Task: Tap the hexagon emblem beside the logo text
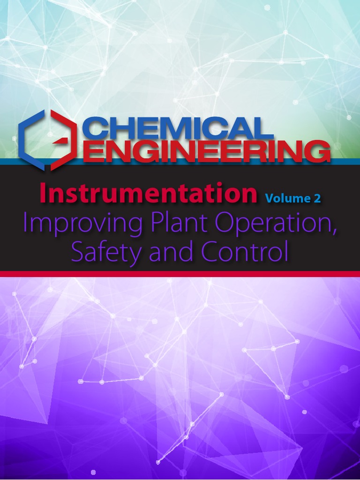[x=47, y=139]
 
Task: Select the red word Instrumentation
[x=148, y=194]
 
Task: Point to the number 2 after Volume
[x=317, y=198]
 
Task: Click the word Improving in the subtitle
[x=82, y=225]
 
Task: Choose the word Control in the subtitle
[x=244, y=252]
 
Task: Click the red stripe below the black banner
[x=180, y=274]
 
